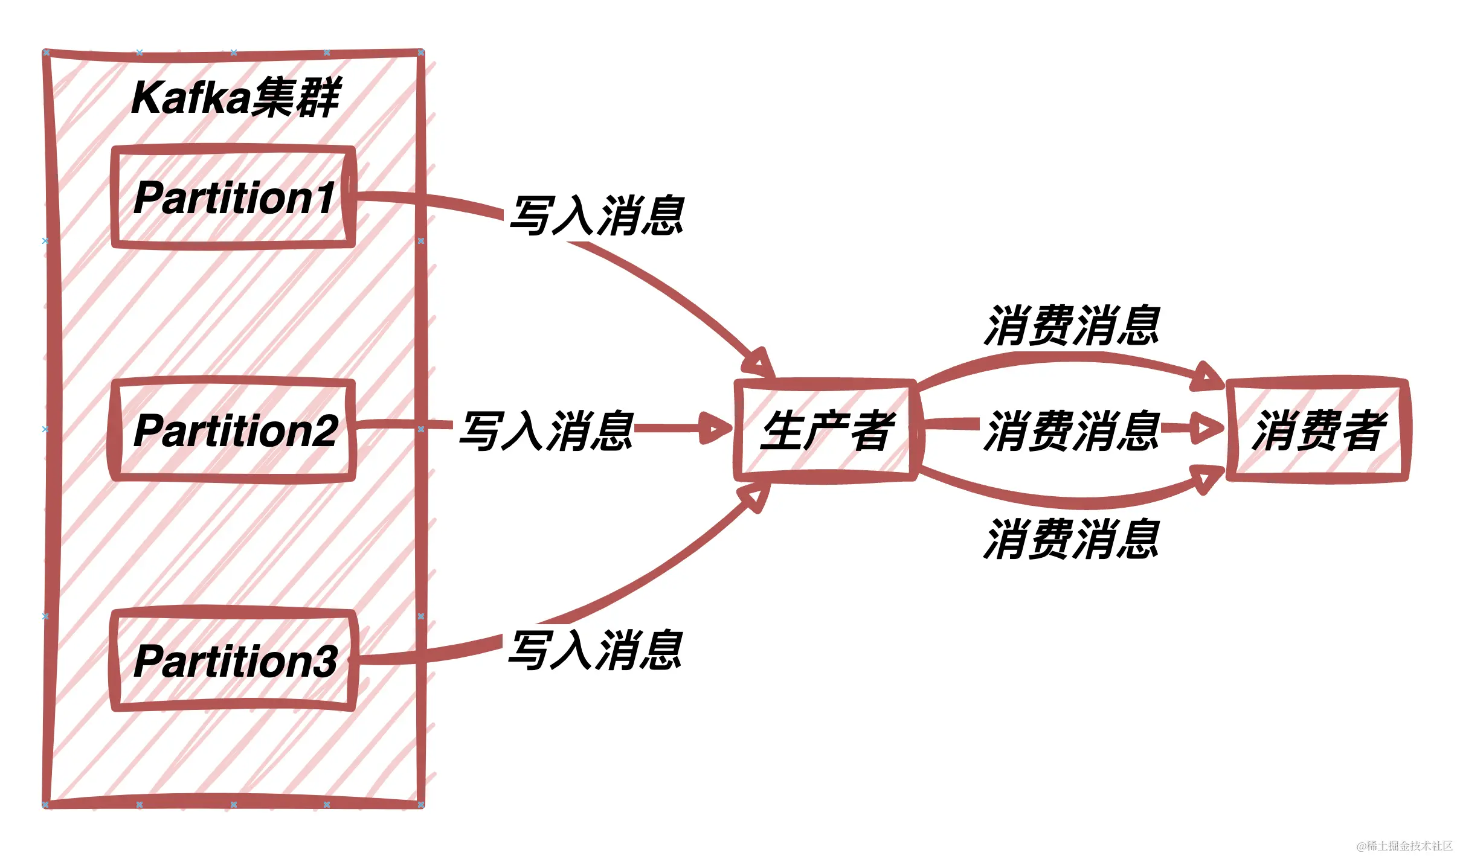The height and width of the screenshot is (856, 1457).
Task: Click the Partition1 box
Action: pos(233,197)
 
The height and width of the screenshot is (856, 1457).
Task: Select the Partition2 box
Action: pos(232,430)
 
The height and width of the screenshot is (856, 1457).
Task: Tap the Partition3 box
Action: pos(233,660)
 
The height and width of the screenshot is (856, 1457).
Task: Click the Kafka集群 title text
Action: pos(236,98)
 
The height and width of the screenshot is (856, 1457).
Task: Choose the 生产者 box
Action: pos(825,430)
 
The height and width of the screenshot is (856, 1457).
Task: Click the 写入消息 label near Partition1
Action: pos(597,216)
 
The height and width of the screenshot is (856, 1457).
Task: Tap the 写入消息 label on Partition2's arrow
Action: pos(546,430)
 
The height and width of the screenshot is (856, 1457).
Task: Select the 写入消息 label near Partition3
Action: pos(596,650)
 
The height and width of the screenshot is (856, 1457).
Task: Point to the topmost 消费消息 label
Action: pos(1072,325)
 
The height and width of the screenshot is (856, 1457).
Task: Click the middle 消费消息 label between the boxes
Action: pos(1072,430)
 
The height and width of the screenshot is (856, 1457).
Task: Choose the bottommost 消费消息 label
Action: pos(1072,539)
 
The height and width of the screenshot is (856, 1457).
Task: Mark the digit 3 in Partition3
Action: pos(326,662)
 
